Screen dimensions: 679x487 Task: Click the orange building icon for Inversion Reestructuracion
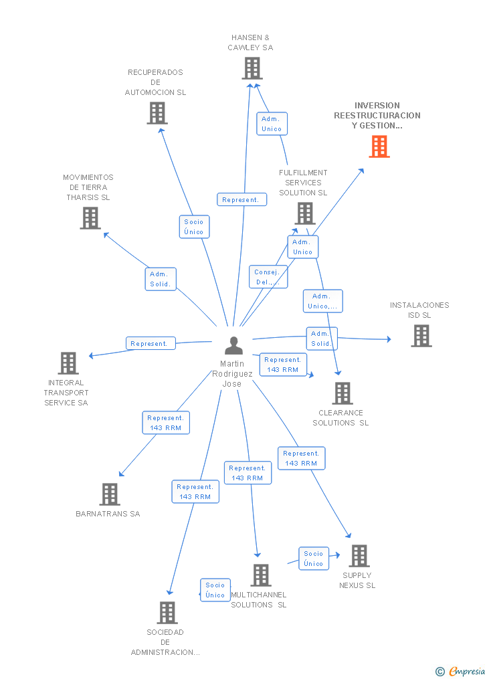pyautogui.click(x=379, y=147)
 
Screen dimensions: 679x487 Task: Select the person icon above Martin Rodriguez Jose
pyautogui.click(x=233, y=345)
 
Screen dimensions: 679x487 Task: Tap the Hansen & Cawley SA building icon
pyautogui.click(x=252, y=68)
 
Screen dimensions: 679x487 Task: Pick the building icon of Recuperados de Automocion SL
pyautogui.click(x=157, y=113)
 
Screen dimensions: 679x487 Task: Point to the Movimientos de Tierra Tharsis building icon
pyautogui.click(x=90, y=218)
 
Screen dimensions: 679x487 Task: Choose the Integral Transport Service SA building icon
pyautogui.click(x=68, y=363)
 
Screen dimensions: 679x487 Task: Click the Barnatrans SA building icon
pyautogui.click(x=110, y=494)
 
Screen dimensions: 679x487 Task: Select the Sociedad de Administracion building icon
pyautogui.click(x=167, y=612)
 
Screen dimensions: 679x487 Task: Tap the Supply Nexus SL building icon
pyautogui.click(x=359, y=556)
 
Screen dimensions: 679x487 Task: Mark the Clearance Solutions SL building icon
pyautogui.click(x=343, y=393)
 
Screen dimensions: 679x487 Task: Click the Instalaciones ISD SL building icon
pyautogui.click(x=421, y=336)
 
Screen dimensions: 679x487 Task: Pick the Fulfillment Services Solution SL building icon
pyautogui.click(x=305, y=213)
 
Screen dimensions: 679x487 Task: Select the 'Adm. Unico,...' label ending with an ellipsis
pyautogui.click(x=322, y=301)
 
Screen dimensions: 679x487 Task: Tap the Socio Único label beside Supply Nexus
pyautogui.click(x=314, y=559)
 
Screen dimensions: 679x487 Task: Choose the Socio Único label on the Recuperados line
pyautogui.click(x=194, y=227)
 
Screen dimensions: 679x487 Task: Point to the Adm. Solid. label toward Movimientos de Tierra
pyautogui.click(x=161, y=279)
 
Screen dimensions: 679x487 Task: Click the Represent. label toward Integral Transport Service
pyautogui.click(x=151, y=343)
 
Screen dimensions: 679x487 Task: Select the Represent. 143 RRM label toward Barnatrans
pyautogui.click(x=165, y=423)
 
